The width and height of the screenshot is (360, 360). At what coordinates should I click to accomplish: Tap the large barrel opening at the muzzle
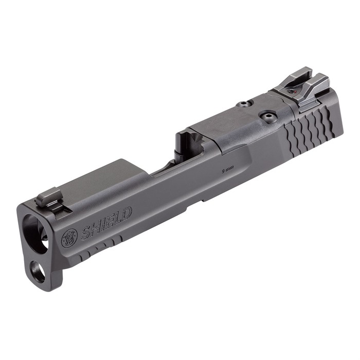click(x=34, y=231)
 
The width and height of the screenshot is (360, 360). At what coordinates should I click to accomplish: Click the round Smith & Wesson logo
click(x=69, y=237)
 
